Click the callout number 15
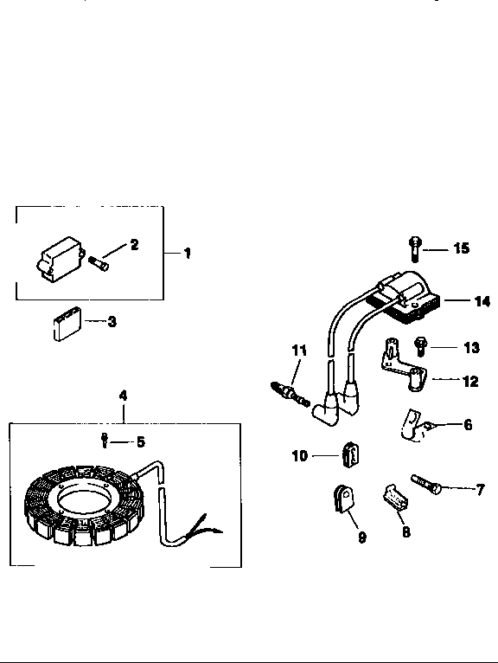[461, 248]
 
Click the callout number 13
[470, 348]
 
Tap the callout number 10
[300, 454]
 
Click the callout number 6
[468, 424]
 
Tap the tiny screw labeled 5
[104, 441]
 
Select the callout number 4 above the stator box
[123, 395]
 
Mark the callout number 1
[187, 254]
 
